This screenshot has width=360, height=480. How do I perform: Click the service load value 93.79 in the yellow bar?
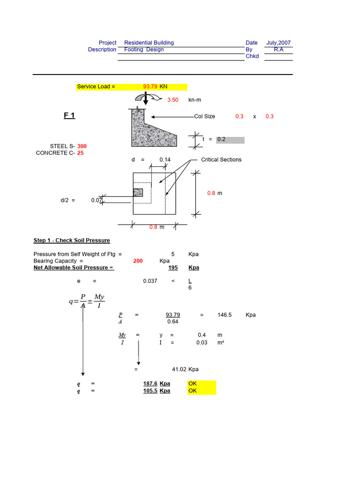point(150,87)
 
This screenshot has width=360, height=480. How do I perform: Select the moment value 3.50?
point(173,100)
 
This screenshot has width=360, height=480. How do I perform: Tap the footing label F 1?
point(69,116)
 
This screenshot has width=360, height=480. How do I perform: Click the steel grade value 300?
point(82,146)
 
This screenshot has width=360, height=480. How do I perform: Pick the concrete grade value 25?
point(81,153)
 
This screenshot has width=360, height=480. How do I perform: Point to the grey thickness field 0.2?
point(230,140)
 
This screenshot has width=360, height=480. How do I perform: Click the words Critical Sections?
point(221,160)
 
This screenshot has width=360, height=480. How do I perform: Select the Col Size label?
point(204,116)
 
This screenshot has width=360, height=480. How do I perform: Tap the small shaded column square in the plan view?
point(138,192)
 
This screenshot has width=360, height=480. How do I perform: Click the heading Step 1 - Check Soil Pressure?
point(72,240)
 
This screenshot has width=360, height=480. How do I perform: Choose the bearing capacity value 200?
point(138,261)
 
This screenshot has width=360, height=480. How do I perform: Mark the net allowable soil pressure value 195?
point(172,268)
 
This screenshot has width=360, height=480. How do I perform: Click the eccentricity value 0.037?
point(150,281)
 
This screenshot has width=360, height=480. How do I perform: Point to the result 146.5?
point(225,315)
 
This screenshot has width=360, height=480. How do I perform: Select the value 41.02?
point(180,369)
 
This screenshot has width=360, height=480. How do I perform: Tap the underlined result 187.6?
point(150,383)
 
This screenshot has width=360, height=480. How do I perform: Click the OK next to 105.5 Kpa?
point(193,390)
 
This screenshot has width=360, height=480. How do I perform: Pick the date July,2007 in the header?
point(278,43)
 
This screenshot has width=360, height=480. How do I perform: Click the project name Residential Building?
point(149,43)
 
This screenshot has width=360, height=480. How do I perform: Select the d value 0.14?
point(165,160)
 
